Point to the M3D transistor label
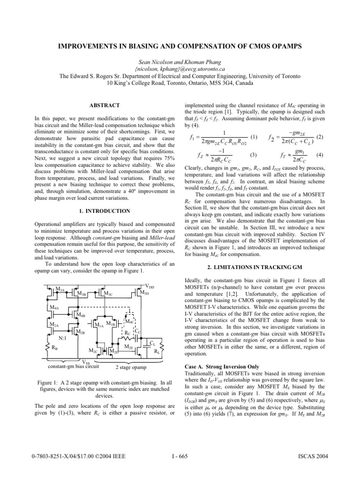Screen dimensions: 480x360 point(146,293)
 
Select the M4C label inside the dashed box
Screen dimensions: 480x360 point(129,322)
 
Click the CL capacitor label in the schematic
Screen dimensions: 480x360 point(151,344)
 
